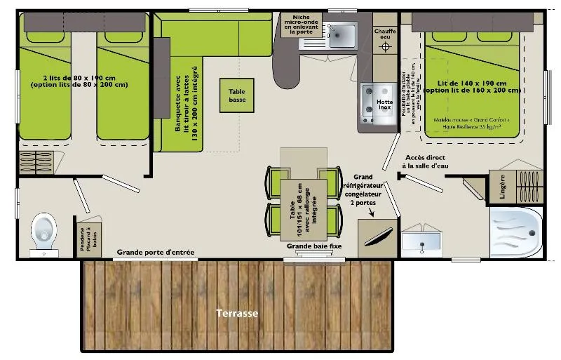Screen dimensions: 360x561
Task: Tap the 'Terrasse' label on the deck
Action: click(x=236, y=313)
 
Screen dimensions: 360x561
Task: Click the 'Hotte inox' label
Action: click(x=384, y=102)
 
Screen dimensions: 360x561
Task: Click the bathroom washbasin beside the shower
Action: click(x=422, y=243)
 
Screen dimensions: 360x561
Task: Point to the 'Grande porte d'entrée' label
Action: click(x=156, y=252)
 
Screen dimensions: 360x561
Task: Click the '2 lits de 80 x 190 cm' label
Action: click(x=79, y=81)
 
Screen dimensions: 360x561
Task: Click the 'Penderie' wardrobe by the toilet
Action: click(x=88, y=239)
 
